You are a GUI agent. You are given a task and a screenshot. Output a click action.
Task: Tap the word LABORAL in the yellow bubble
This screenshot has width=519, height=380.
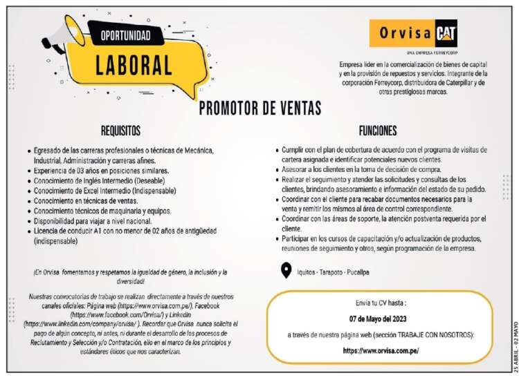pyautogui.click(x=134, y=64)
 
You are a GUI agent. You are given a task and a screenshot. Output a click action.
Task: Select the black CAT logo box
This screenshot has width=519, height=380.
pyautogui.click(x=445, y=33)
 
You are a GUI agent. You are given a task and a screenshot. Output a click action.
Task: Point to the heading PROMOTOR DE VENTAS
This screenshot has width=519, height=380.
pyautogui.click(x=259, y=108)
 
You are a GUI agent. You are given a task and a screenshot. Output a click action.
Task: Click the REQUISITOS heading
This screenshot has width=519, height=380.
pyautogui.click(x=120, y=130)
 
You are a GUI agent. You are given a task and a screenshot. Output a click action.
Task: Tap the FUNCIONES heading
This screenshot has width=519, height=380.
pyautogui.click(x=377, y=130)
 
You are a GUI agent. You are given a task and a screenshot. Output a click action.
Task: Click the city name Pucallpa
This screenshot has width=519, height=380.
pyautogui.click(x=373, y=273)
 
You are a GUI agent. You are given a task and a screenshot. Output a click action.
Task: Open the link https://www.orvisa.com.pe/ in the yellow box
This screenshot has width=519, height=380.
pyautogui.click(x=381, y=350)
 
